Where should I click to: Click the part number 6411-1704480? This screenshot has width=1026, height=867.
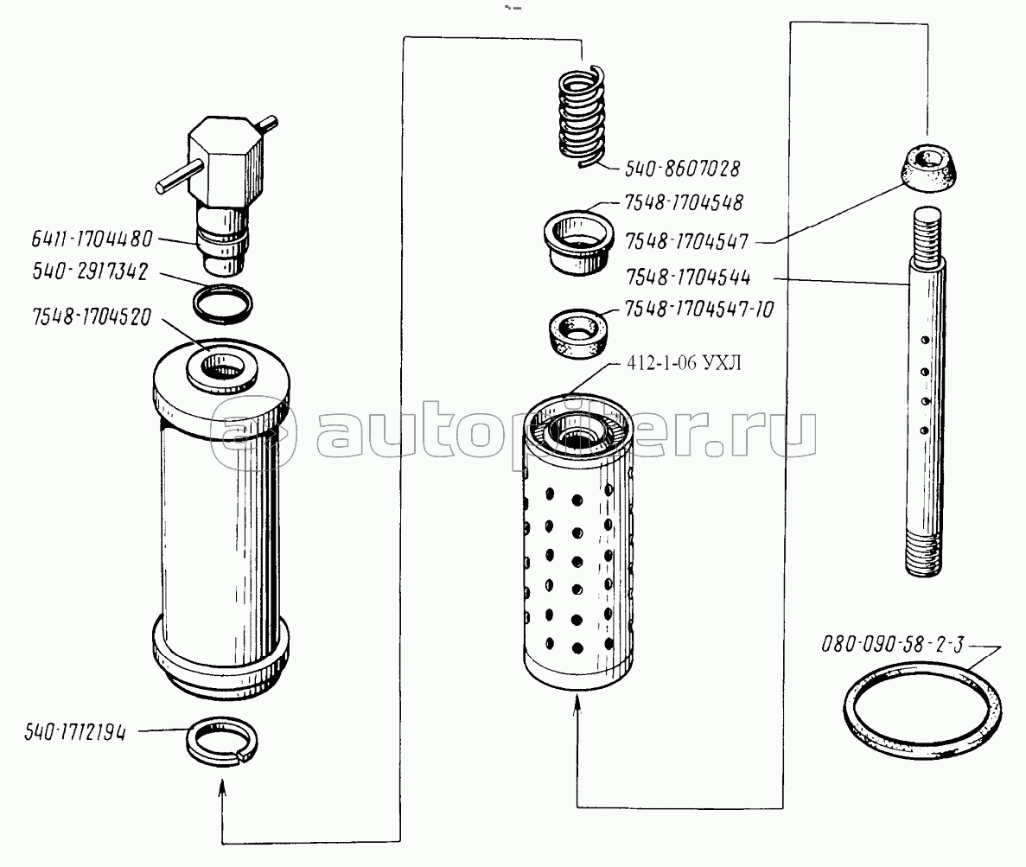pyautogui.click(x=92, y=239)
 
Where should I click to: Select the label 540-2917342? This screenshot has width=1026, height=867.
pyautogui.click(x=90, y=271)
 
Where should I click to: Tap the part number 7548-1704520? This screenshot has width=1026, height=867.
pyautogui.click(x=92, y=316)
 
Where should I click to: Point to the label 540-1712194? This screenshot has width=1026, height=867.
pyautogui.click(x=74, y=732)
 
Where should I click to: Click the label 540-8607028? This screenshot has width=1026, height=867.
pyautogui.click(x=683, y=169)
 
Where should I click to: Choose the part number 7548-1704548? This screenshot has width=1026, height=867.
pyautogui.click(x=684, y=203)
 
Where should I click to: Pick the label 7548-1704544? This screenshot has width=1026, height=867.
pyautogui.click(x=688, y=277)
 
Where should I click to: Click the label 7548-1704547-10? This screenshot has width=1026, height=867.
pyautogui.click(x=699, y=309)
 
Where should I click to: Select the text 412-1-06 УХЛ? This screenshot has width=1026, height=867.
pyautogui.click(x=684, y=362)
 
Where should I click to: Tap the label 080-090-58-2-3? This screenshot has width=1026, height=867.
pyautogui.click(x=893, y=645)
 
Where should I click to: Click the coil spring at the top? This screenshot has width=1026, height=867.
pyautogui.click(x=582, y=115)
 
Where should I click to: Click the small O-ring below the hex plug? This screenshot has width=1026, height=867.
pyautogui.click(x=222, y=304)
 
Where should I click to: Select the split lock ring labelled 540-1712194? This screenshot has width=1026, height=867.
pyautogui.click(x=222, y=741)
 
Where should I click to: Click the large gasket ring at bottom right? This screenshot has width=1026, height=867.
pyautogui.click(x=922, y=710)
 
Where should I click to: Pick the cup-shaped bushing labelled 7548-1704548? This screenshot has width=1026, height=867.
pyautogui.click(x=578, y=241)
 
